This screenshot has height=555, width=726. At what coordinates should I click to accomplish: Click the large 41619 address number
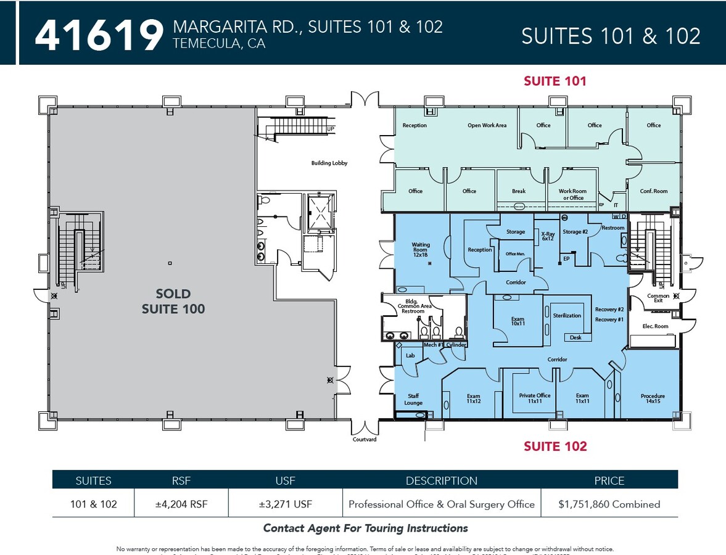tap(99, 35)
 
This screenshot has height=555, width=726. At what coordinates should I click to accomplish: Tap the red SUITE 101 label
tap(555, 81)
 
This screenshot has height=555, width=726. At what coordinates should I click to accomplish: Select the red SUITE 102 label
tap(555, 446)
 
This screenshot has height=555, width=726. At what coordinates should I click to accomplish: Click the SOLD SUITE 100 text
tap(173, 301)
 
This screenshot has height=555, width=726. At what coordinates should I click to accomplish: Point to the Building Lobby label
tap(329, 163)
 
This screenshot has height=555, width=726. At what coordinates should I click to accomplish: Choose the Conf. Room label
tap(653, 191)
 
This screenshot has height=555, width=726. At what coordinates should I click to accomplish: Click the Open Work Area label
tap(487, 126)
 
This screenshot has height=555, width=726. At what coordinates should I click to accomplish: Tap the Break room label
tap(519, 191)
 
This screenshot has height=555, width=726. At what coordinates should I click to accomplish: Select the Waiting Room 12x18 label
tap(421, 249)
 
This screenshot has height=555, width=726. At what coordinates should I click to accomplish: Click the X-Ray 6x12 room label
tap(548, 236)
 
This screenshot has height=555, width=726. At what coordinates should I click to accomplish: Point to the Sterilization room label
tap(567, 315)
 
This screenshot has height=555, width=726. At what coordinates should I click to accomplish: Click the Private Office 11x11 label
tap(534, 398)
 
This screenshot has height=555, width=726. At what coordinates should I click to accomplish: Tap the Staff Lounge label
tap(413, 400)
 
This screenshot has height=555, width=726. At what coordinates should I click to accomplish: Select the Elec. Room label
tap(655, 326)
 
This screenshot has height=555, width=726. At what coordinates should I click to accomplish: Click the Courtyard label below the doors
tap(364, 440)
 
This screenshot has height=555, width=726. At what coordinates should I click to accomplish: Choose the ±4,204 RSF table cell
tap(181, 504)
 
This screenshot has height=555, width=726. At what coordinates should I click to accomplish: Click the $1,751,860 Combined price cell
tap(609, 504)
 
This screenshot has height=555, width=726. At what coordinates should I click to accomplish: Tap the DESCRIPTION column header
tap(441, 481)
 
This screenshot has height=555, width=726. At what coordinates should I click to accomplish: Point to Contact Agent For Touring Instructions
tap(365, 528)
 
